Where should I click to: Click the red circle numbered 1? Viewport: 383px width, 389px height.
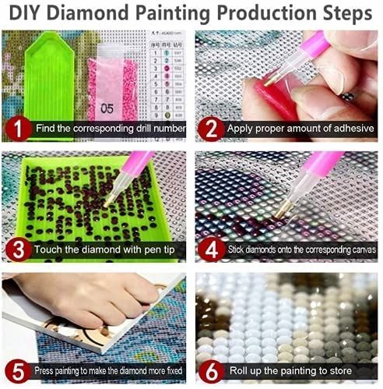tap(18, 129)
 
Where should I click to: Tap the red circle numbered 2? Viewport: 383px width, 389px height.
tap(211, 129)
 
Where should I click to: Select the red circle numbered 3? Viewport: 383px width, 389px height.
tap(18, 249)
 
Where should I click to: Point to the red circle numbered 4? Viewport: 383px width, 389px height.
tap(211, 249)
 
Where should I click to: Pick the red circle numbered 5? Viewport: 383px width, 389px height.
tap(18, 370)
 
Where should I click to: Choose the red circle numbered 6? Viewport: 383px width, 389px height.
tap(211, 370)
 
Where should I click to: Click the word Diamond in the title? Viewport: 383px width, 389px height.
tap(88, 12)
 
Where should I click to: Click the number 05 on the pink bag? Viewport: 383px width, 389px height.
tap(107, 108)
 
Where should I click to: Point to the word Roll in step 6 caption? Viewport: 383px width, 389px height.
tap(238, 370)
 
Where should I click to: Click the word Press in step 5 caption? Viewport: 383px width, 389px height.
tap(44, 370)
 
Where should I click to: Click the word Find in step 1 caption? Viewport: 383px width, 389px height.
tap(45, 128)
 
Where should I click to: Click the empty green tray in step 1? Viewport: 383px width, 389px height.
tap(49, 78)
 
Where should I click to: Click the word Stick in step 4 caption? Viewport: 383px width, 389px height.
tap(236, 249)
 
